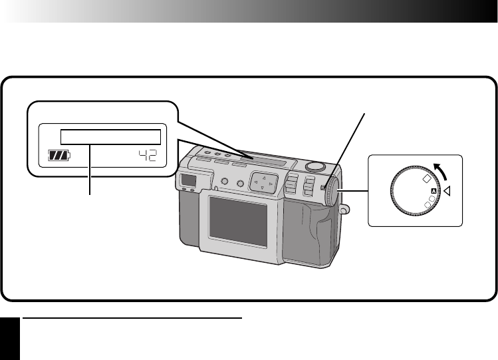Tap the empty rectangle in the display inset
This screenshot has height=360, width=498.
(x=110, y=137)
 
